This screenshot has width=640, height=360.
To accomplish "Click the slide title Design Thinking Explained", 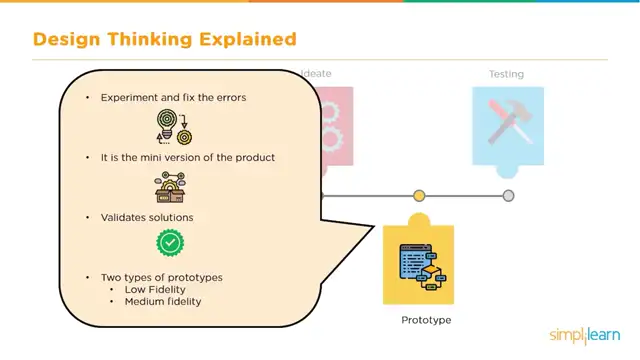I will pyautogui.click(x=165, y=40).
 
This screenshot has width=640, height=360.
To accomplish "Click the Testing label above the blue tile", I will pyautogui.click(x=506, y=74).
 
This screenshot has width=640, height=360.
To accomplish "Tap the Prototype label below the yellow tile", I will pyautogui.click(x=427, y=320).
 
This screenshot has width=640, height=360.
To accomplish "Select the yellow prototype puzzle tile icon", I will pyautogui.click(x=419, y=263).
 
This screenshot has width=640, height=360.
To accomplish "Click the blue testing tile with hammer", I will pyautogui.click(x=508, y=125).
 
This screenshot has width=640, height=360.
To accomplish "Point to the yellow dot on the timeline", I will pyautogui.click(x=419, y=196).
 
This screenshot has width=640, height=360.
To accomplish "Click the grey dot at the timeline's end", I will pyautogui.click(x=509, y=196).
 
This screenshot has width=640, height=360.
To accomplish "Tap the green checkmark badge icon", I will pyautogui.click(x=171, y=242).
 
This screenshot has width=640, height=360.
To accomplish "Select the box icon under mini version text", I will pyautogui.click(x=172, y=186).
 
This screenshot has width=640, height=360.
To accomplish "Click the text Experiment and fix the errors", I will pyautogui.click(x=173, y=98).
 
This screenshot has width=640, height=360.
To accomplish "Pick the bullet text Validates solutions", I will pyautogui.click(x=147, y=217).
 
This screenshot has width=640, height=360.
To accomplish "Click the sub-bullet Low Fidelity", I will pyautogui.click(x=155, y=289).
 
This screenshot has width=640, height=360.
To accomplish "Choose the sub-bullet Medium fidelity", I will pyautogui.click(x=163, y=301).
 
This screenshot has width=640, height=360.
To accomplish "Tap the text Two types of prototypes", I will pyautogui.click(x=161, y=276).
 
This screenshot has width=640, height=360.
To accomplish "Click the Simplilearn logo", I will pyautogui.click(x=586, y=335).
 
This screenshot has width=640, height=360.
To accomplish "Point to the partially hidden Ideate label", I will pyautogui.click(x=318, y=74).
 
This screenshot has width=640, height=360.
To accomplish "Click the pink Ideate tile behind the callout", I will pyautogui.click(x=335, y=125).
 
